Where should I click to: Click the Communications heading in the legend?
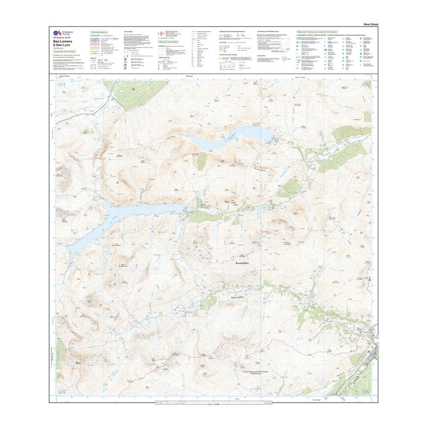coord(99,32)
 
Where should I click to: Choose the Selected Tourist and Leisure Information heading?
coord(317,32)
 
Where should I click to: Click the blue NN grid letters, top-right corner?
coord(365,85)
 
